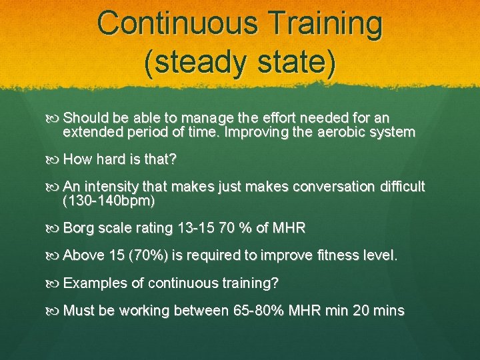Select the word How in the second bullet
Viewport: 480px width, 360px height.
coord(77,160)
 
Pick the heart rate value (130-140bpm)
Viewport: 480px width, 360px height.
coord(109,201)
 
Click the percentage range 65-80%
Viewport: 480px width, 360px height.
coord(259,311)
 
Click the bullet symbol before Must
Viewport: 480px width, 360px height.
coord(55,311)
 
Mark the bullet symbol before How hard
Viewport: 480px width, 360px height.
coord(55,160)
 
